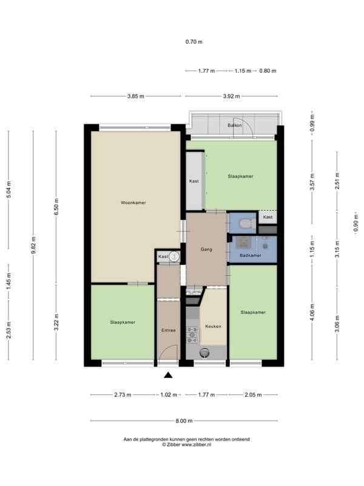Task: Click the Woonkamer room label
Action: pos(133,203)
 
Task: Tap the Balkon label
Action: pos(235,125)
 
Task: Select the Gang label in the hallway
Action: pos(206,249)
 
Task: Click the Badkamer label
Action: pos(251,255)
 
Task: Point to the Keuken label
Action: pos(214,326)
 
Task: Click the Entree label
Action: pos(169,330)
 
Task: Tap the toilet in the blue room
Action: pos(248,224)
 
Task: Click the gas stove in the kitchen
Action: pos(192,335)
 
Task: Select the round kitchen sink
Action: pos(204,352)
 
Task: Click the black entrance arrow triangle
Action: pos(168,375)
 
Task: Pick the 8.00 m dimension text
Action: pos(184,421)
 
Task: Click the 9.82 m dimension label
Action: pos(33,245)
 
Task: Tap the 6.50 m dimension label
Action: pos(56,207)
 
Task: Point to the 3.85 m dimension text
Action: pos(135,97)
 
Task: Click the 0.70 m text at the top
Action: pos(194,42)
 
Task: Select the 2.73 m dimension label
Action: pos(123,395)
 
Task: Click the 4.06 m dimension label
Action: pos(312,313)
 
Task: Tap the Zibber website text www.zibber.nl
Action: pos(196,445)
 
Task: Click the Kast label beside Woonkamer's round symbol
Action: pos(163,256)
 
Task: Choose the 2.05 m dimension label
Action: pos(253,395)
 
